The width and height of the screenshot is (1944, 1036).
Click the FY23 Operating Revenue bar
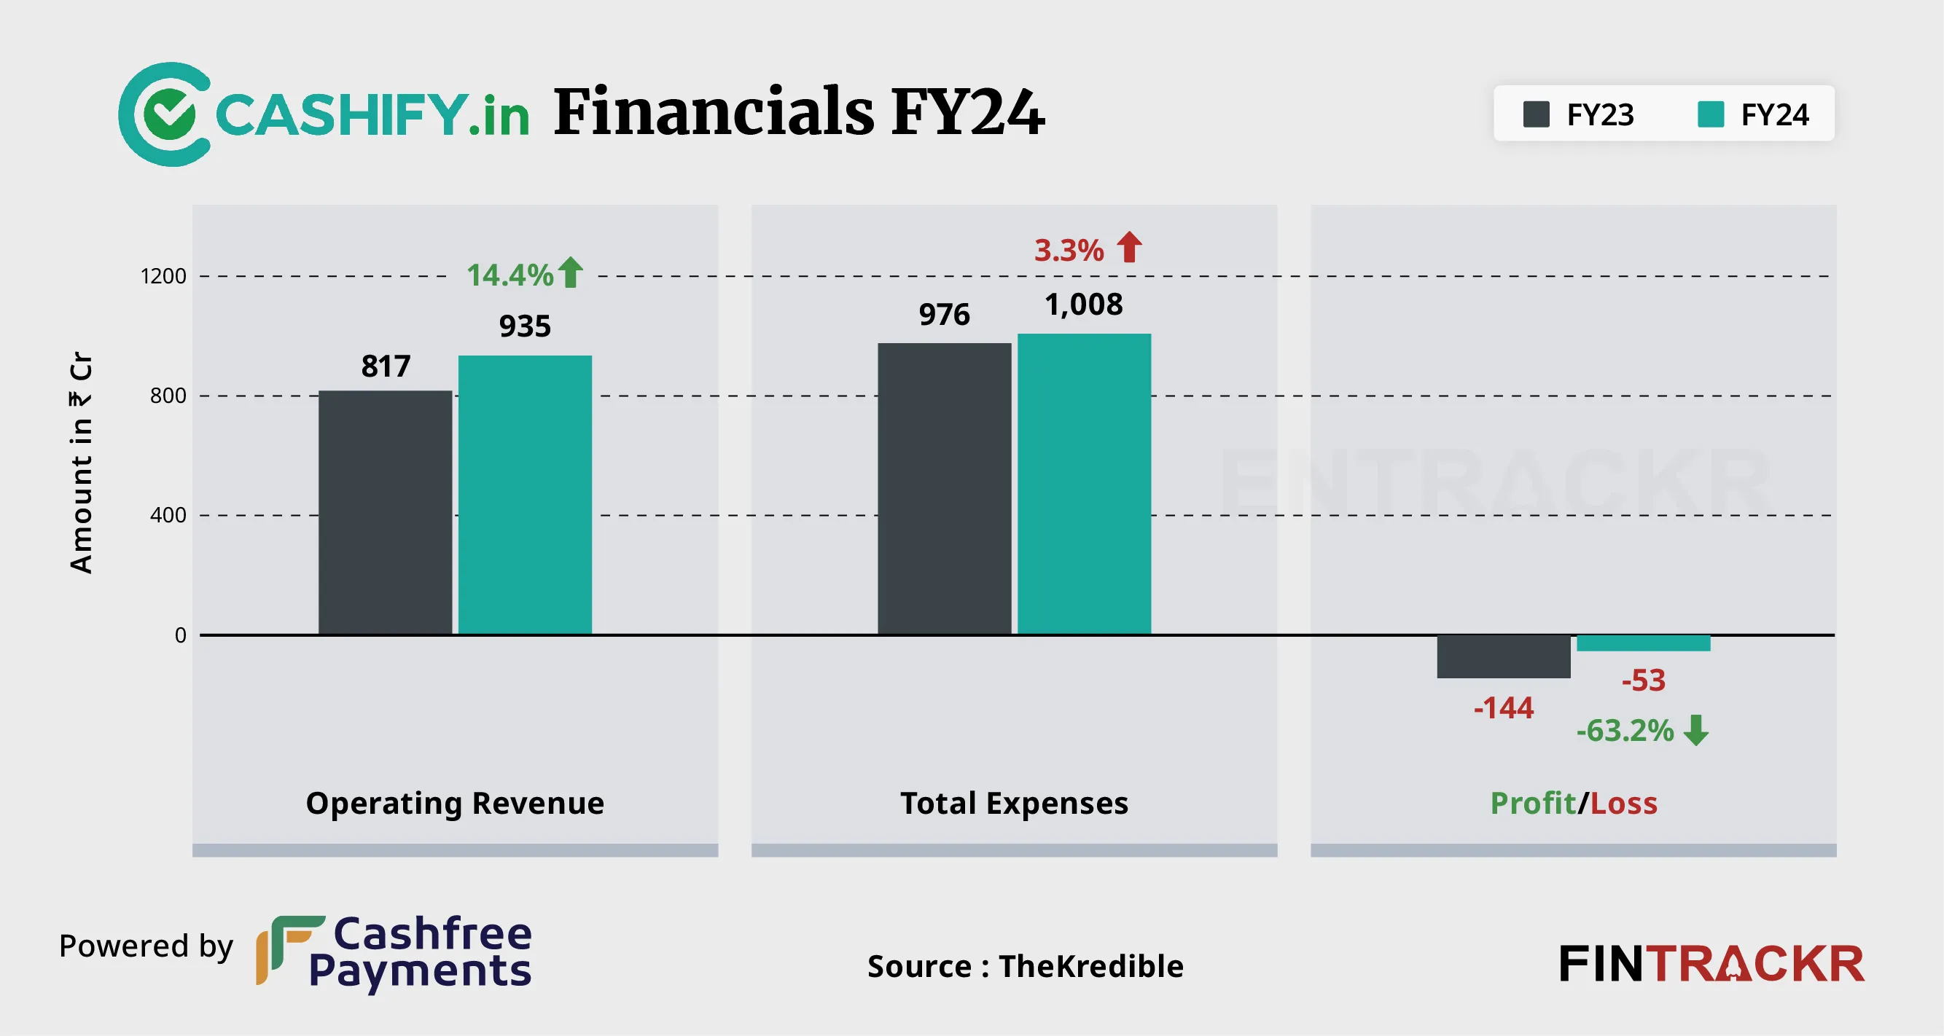[385, 512]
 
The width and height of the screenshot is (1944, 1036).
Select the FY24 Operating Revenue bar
[525, 495]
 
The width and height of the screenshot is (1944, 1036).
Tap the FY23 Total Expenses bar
[944, 489]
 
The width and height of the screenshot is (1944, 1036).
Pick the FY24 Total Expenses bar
[1084, 484]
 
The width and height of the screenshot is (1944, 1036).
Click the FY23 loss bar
[1503, 656]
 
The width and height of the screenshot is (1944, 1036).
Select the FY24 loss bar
[1643, 643]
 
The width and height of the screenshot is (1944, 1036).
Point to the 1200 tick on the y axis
[163, 276]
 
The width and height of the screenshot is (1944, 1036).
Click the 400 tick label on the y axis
[168, 515]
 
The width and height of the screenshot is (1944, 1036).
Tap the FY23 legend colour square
[1536, 114]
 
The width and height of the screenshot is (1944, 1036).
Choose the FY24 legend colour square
[1710, 114]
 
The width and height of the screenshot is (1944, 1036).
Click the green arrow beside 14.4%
[571, 272]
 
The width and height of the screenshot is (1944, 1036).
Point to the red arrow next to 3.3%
[1129, 248]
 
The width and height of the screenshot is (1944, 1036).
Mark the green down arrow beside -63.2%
[1696, 730]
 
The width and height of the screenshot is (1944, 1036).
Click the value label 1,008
[1084, 305]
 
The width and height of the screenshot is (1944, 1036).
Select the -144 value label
[1503, 707]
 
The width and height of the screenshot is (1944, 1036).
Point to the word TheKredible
[1090, 966]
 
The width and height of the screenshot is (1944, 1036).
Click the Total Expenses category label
[1013, 803]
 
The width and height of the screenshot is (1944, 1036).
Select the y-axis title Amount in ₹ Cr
[81, 463]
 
